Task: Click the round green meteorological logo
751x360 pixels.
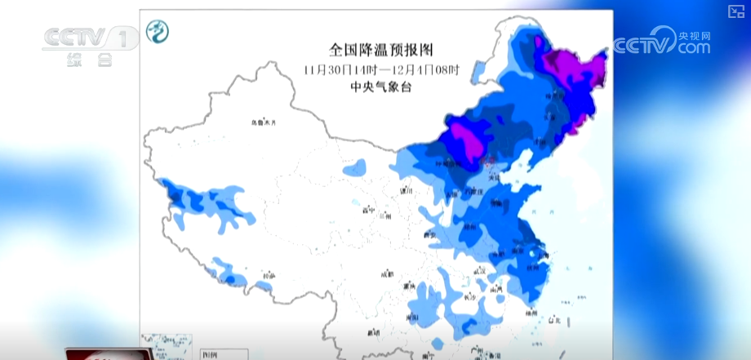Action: tap(158, 32)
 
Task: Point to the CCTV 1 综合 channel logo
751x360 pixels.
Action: tap(90, 45)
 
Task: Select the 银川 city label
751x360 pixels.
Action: tap(406, 191)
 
